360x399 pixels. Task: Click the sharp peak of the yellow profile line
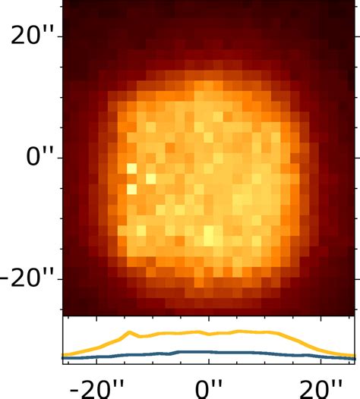coord(131,331)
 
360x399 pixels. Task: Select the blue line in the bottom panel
coord(228,352)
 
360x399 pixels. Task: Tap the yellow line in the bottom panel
coord(228,332)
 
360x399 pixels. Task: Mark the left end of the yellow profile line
coord(64,354)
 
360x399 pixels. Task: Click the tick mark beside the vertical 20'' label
coord(60,36)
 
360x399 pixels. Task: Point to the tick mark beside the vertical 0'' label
coord(60,158)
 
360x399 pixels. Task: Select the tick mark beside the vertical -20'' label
coord(60,279)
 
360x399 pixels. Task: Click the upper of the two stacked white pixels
coord(131,168)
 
